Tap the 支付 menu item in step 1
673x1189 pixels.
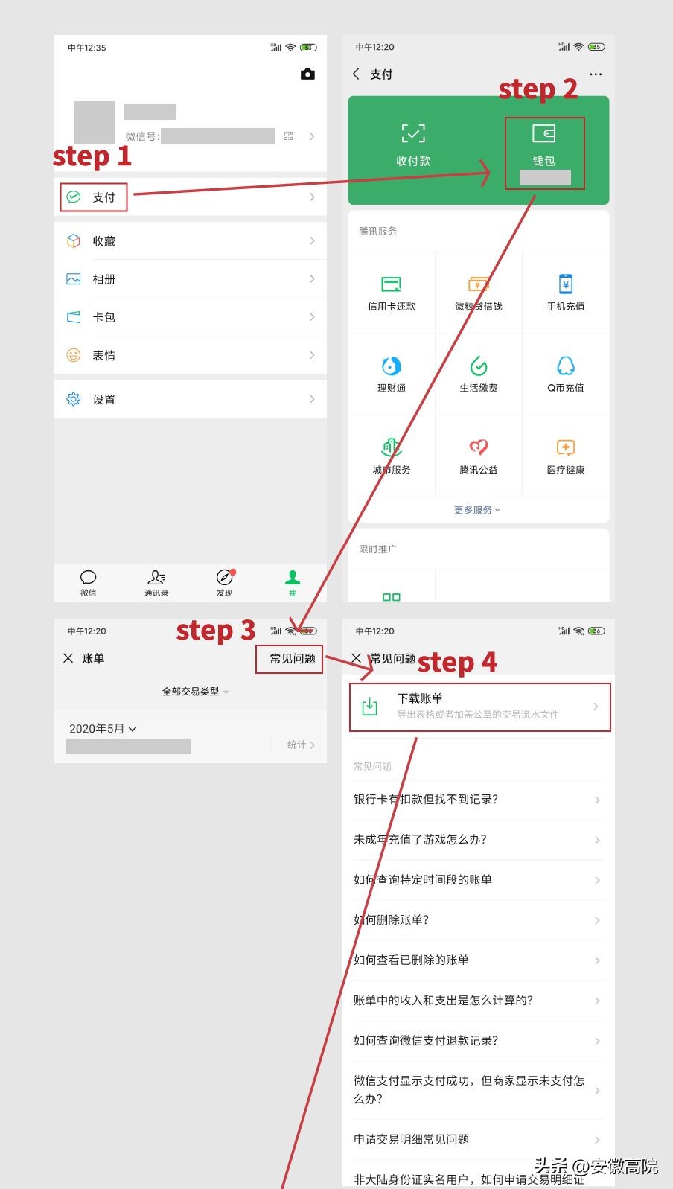click(94, 197)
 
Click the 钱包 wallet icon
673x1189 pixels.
click(543, 134)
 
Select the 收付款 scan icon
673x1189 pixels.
click(413, 134)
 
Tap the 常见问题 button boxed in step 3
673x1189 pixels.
click(292, 659)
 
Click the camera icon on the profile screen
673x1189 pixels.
click(307, 74)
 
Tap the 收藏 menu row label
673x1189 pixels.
click(103, 241)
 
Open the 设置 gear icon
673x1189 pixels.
click(74, 399)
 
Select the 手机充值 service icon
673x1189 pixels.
click(566, 284)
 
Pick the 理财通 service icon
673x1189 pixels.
click(392, 366)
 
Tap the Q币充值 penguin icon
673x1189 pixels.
click(566, 366)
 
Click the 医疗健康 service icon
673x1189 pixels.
click(566, 447)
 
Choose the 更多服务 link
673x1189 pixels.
click(477, 510)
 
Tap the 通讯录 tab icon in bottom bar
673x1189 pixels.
click(156, 578)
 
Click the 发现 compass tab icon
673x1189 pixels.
click(224, 578)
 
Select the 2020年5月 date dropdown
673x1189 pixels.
click(103, 729)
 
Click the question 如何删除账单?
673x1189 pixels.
click(392, 920)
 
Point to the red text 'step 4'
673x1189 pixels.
click(457, 662)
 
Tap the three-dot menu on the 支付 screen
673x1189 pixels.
click(596, 74)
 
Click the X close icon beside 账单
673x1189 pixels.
click(68, 658)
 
